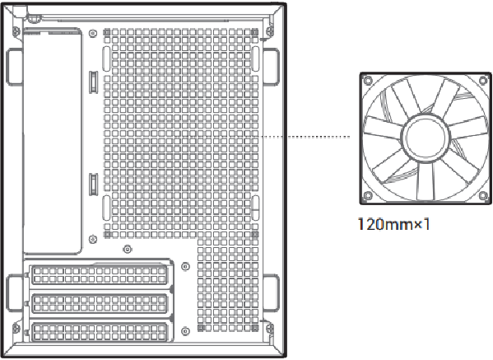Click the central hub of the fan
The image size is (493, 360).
tap(426, 138)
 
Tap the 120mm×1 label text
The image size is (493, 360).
tap(393, 224)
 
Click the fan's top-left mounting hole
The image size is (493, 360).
tap(368, 81)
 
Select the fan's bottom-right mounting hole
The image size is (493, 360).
tap(483, 196)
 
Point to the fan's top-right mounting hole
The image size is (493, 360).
tap(483, 81)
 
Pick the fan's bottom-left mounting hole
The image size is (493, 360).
tap(368, 196)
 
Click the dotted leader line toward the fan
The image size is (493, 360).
tap(305, 137)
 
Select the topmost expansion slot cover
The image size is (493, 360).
tap(100, 274)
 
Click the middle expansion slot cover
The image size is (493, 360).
tap(100, 304)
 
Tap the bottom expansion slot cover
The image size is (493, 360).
tap(100, 332)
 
